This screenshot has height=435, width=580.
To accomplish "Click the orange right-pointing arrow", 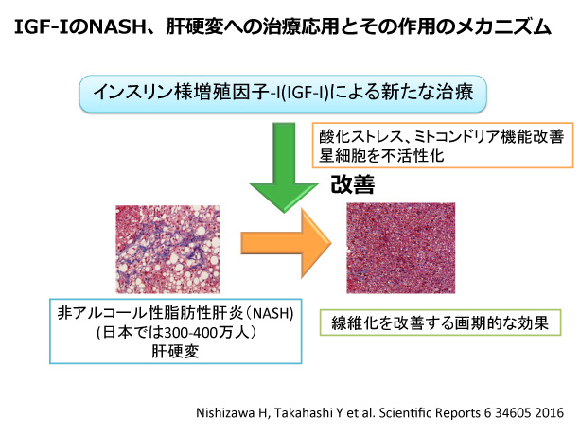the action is [x=287, y=243].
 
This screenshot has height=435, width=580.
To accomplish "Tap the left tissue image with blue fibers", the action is [x=167, y=250].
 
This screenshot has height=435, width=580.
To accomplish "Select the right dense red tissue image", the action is [x=400, y=248].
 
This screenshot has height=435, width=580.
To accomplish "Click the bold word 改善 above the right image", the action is [x=353, y=184].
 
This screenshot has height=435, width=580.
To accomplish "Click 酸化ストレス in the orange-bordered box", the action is [x=361, y=137].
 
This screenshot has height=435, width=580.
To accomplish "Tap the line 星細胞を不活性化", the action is [x=381, y=156].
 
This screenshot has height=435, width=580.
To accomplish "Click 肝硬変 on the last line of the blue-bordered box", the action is [x=175, y=351].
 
